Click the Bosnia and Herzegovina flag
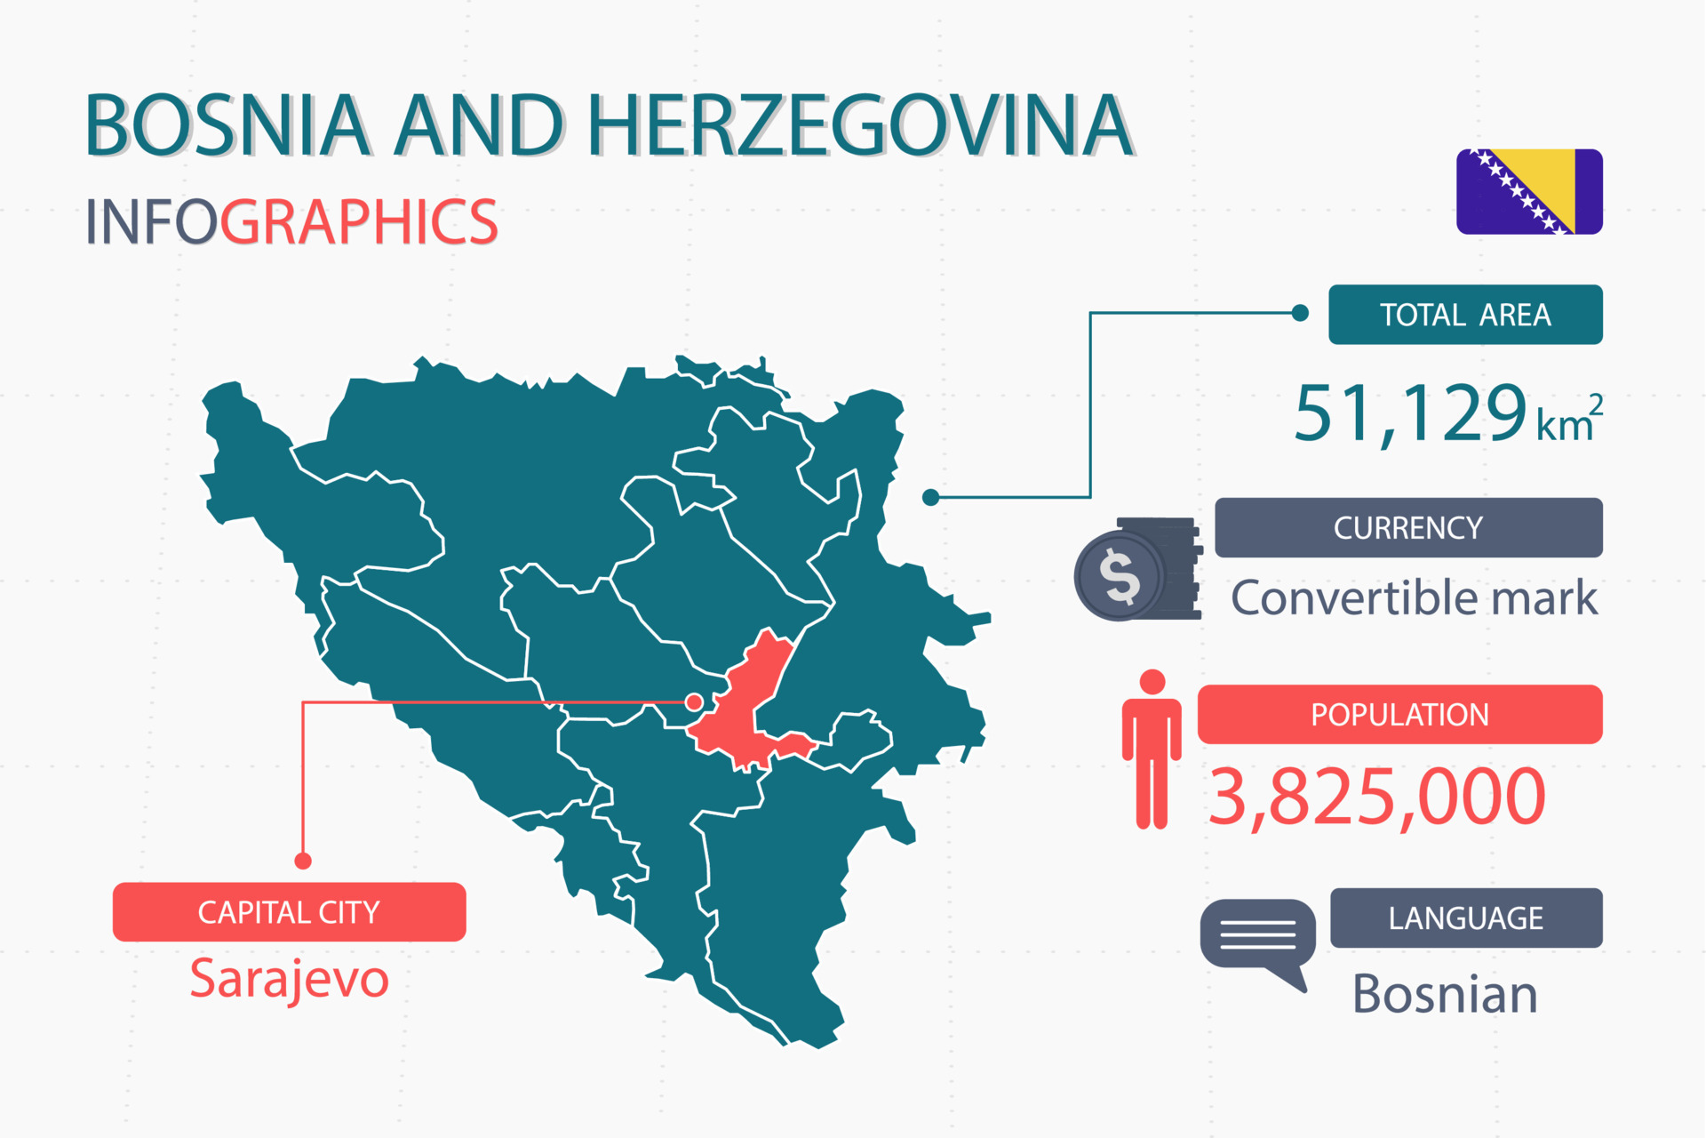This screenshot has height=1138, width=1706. [x=1528, y=191]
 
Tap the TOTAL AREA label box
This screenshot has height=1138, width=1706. [x=1464, y=315]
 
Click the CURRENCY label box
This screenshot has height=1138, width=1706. [x=1407, y=528]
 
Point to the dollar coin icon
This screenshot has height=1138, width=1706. [x=1120, y=576]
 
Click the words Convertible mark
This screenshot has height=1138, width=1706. [x=1413, y=597]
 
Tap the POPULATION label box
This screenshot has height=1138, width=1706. [x=1399, y=715]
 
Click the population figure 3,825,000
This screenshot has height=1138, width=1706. [x=1376, y=797]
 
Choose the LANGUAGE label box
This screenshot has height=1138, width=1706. [x=1465, y=918]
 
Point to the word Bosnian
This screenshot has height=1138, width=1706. [x=1444, y=994]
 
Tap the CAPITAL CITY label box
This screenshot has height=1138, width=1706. [x=289, y=912]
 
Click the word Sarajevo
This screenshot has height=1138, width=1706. [x=289, y=979]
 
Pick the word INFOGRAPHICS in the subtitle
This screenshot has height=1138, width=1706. [x=291, y=222]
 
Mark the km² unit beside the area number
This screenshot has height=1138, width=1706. [x=1568, y=421]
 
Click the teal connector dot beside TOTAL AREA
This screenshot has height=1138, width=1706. [x=1300, y=313]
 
